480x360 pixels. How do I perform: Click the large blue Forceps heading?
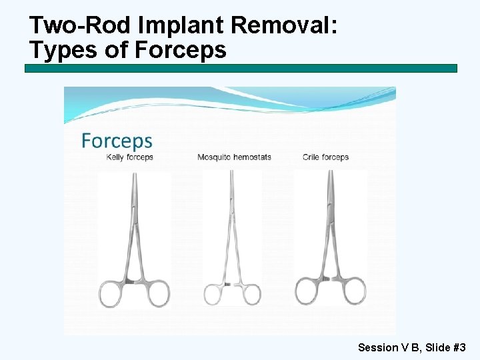coord(117,141)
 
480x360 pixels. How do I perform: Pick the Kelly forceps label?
coord(130,157)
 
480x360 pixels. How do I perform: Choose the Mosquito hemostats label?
coord(234,157)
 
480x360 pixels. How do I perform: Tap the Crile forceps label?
coord(325,157)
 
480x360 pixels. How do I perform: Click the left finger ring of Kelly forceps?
coord(113,294)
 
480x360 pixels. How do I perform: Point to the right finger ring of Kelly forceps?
coord(157,293)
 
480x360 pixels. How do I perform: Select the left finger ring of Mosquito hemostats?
coord(213,295)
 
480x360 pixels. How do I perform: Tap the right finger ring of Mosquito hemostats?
coord(251,295)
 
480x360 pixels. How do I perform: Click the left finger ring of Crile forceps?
coord(309,292)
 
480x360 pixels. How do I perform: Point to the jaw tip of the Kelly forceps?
coord(135,175)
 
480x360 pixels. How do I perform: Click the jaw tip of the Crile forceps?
coord(331,173)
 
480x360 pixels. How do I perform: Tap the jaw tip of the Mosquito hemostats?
coord(232,173)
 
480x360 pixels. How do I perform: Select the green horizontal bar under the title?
coord(241,69)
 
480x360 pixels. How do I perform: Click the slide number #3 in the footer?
coord(459,347)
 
